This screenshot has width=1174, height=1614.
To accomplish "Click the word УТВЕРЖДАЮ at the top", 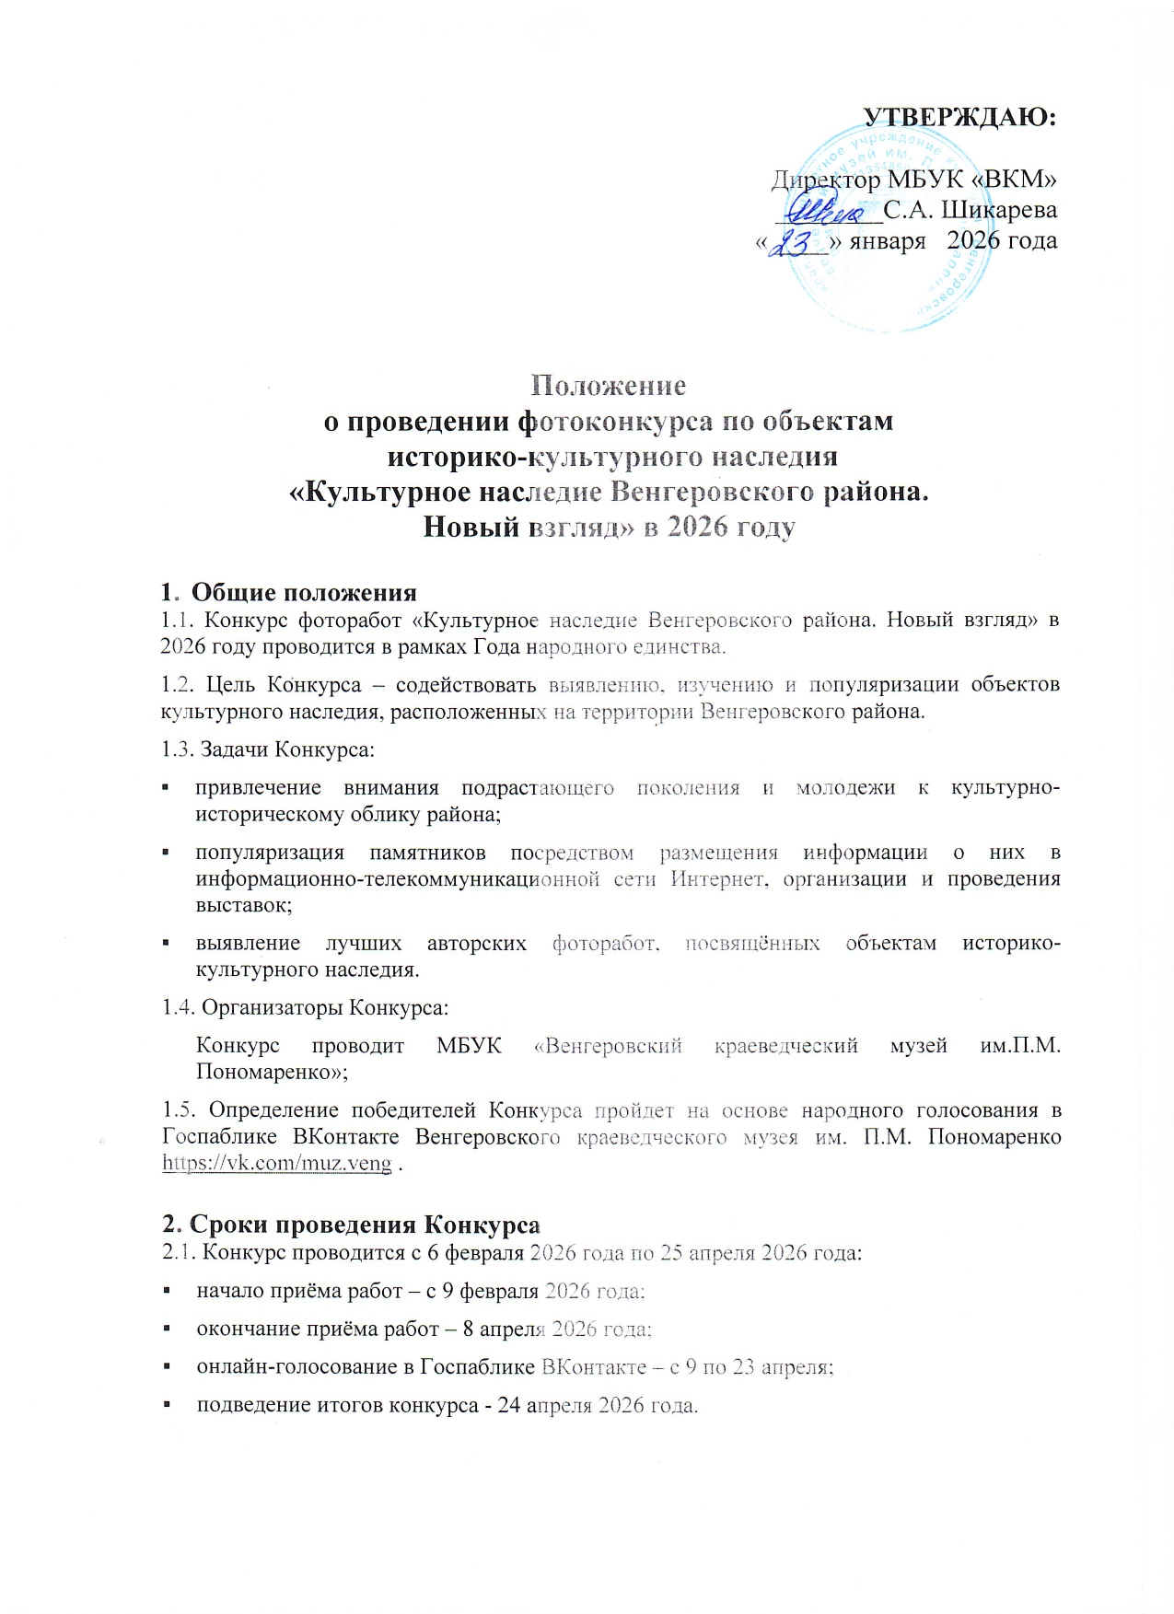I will pos(959,117).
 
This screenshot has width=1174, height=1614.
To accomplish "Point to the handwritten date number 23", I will pos(794,242).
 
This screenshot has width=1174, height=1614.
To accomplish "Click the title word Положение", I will pos(609,385).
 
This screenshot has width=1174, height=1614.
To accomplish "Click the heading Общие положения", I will pos(304,592).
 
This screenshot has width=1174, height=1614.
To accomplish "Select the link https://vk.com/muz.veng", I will pos(276,1163).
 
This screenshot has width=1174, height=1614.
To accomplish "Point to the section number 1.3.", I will pos(177,749).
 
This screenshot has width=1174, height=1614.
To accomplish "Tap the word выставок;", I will pos(244,905).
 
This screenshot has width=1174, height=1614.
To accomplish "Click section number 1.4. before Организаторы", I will pos(178,1008).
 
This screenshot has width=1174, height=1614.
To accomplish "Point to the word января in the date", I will pos(887,241).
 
